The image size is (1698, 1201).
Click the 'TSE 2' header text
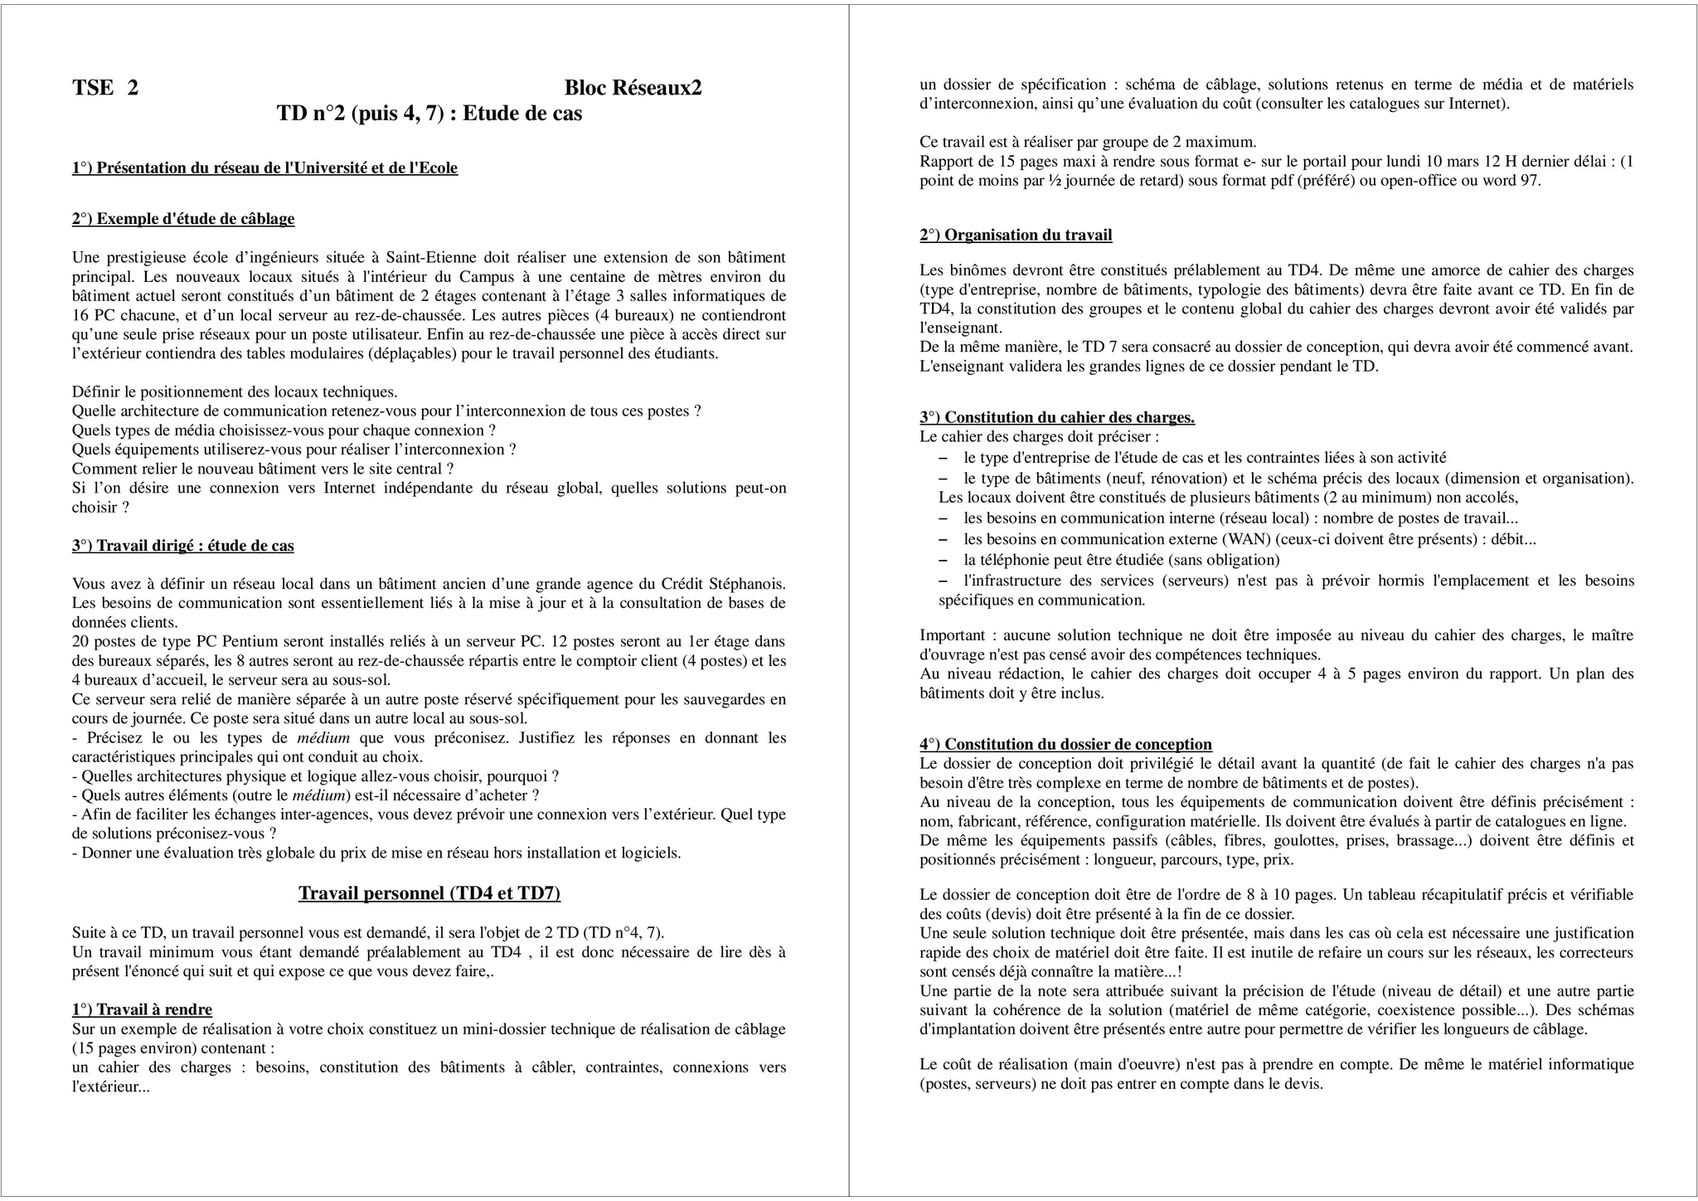(x=105, y=88)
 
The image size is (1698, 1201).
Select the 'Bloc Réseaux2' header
(x=633, y=88)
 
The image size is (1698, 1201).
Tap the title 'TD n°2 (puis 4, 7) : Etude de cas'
(x=429, y=114)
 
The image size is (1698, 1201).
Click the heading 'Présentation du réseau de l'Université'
(x=264, y=168)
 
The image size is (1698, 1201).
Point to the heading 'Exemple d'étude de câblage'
(x=183, y=219)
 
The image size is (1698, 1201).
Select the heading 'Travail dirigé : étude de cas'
(x=183, y=546)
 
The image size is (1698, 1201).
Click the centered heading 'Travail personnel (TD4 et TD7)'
(x=429, y=893)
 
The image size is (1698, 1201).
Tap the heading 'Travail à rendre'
(x=142, y=1009)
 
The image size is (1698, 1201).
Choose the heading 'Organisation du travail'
(x=1016, y=236)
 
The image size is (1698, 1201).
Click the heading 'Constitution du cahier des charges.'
(x=1057, y=417)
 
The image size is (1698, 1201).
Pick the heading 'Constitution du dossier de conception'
(x=1065, y=745)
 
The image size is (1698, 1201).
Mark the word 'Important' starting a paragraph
(x=953, y=636)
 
